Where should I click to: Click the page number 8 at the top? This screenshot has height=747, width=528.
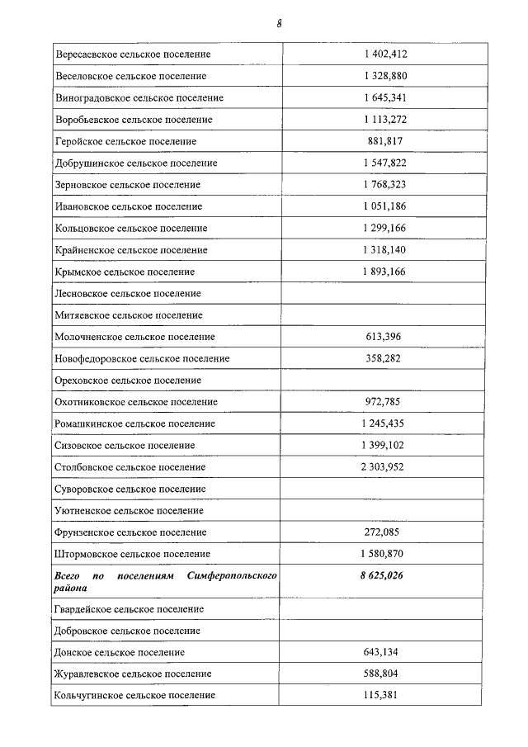[x=280, y=24]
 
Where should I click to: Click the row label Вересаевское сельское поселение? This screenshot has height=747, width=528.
[x=133, y=54]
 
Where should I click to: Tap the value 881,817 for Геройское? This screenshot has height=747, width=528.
[x=384, y=141]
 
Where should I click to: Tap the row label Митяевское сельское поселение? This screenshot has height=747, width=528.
[x=129, y=315]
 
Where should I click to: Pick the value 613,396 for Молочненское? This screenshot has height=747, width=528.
[x=384, y=337]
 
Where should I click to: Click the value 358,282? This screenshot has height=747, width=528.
[x=384, y=358]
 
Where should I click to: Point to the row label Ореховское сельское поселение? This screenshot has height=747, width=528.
[x=128, y=381]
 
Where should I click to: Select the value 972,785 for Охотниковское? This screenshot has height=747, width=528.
[x=384, y=402]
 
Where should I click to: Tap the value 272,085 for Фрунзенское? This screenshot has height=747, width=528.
[x=384, y=532]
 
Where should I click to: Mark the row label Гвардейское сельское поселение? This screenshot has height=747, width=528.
[x=130, y=609]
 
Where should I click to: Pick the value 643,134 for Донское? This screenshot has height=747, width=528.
[x=384, y=652]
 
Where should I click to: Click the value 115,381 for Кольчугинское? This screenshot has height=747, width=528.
[x=384, y=696]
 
